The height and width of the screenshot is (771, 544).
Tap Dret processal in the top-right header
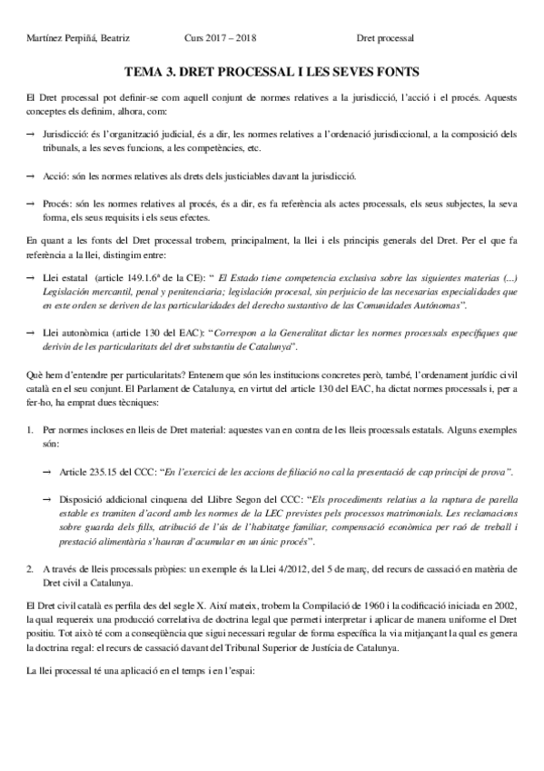click(x=385, y=38)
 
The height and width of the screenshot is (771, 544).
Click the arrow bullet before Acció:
click(x=30, y=175)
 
